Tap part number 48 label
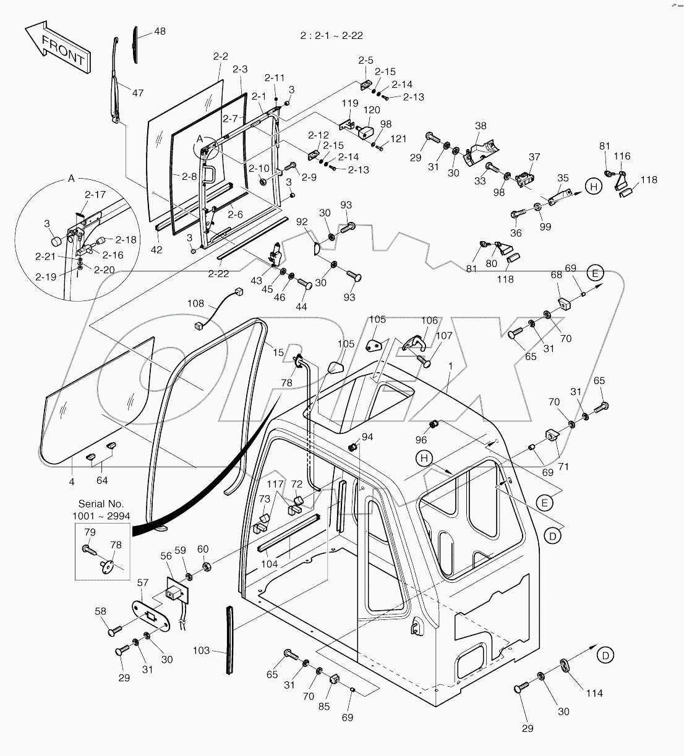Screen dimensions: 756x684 pyautogui.click(x=160, y=31)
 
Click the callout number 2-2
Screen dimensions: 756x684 pyautogui.click(x=221, y=56)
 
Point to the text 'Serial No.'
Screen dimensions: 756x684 pyautogui.click(x=101, y=504)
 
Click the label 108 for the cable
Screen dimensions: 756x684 pyautogui.click(x=196, y=304)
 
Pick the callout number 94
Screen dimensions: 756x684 pyautogui.click(x=367, y=437)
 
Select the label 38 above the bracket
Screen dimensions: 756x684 pyautogui.click(x=481, y=125)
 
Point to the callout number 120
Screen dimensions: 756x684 pyautogui.click(x=372, y=109)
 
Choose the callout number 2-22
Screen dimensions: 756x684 pyautogui.click(x=218, y=273)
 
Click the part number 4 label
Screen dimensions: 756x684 pyautogui.click(x=72, y=481)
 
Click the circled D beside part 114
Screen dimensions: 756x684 pyautogui.click(x=606, y=654)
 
